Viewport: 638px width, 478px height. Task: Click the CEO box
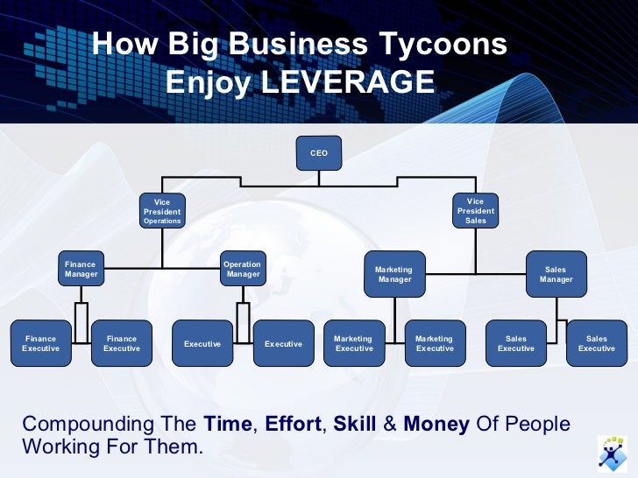pyautogui.click(x=319, y=152)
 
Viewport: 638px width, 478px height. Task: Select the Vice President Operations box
pyautogui.click(x=162, y=211)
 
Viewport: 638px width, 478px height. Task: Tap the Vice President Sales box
pyautogui.click(x=476, y=211)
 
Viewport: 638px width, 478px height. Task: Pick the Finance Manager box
pyautogui.click(x=81, y=269)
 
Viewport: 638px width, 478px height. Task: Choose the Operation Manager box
pyautogui.click(x=243, y=269)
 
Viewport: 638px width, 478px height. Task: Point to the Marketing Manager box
pyautogui.click(x=393, y=274)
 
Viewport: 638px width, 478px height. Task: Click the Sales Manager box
pyautogui.click(x=556, y=274)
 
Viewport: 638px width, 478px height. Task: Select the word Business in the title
pyautogui.click(x=295, y=44)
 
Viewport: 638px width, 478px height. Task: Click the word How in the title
pyautogui.click(x=120, y=44)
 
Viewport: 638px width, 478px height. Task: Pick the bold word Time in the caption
pyautogui.click(x=227, y=425)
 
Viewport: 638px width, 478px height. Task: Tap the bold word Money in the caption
pyautogui.click(x=436, y=425)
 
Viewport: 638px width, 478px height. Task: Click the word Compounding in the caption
pyautogui.click(x=85, y=425)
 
